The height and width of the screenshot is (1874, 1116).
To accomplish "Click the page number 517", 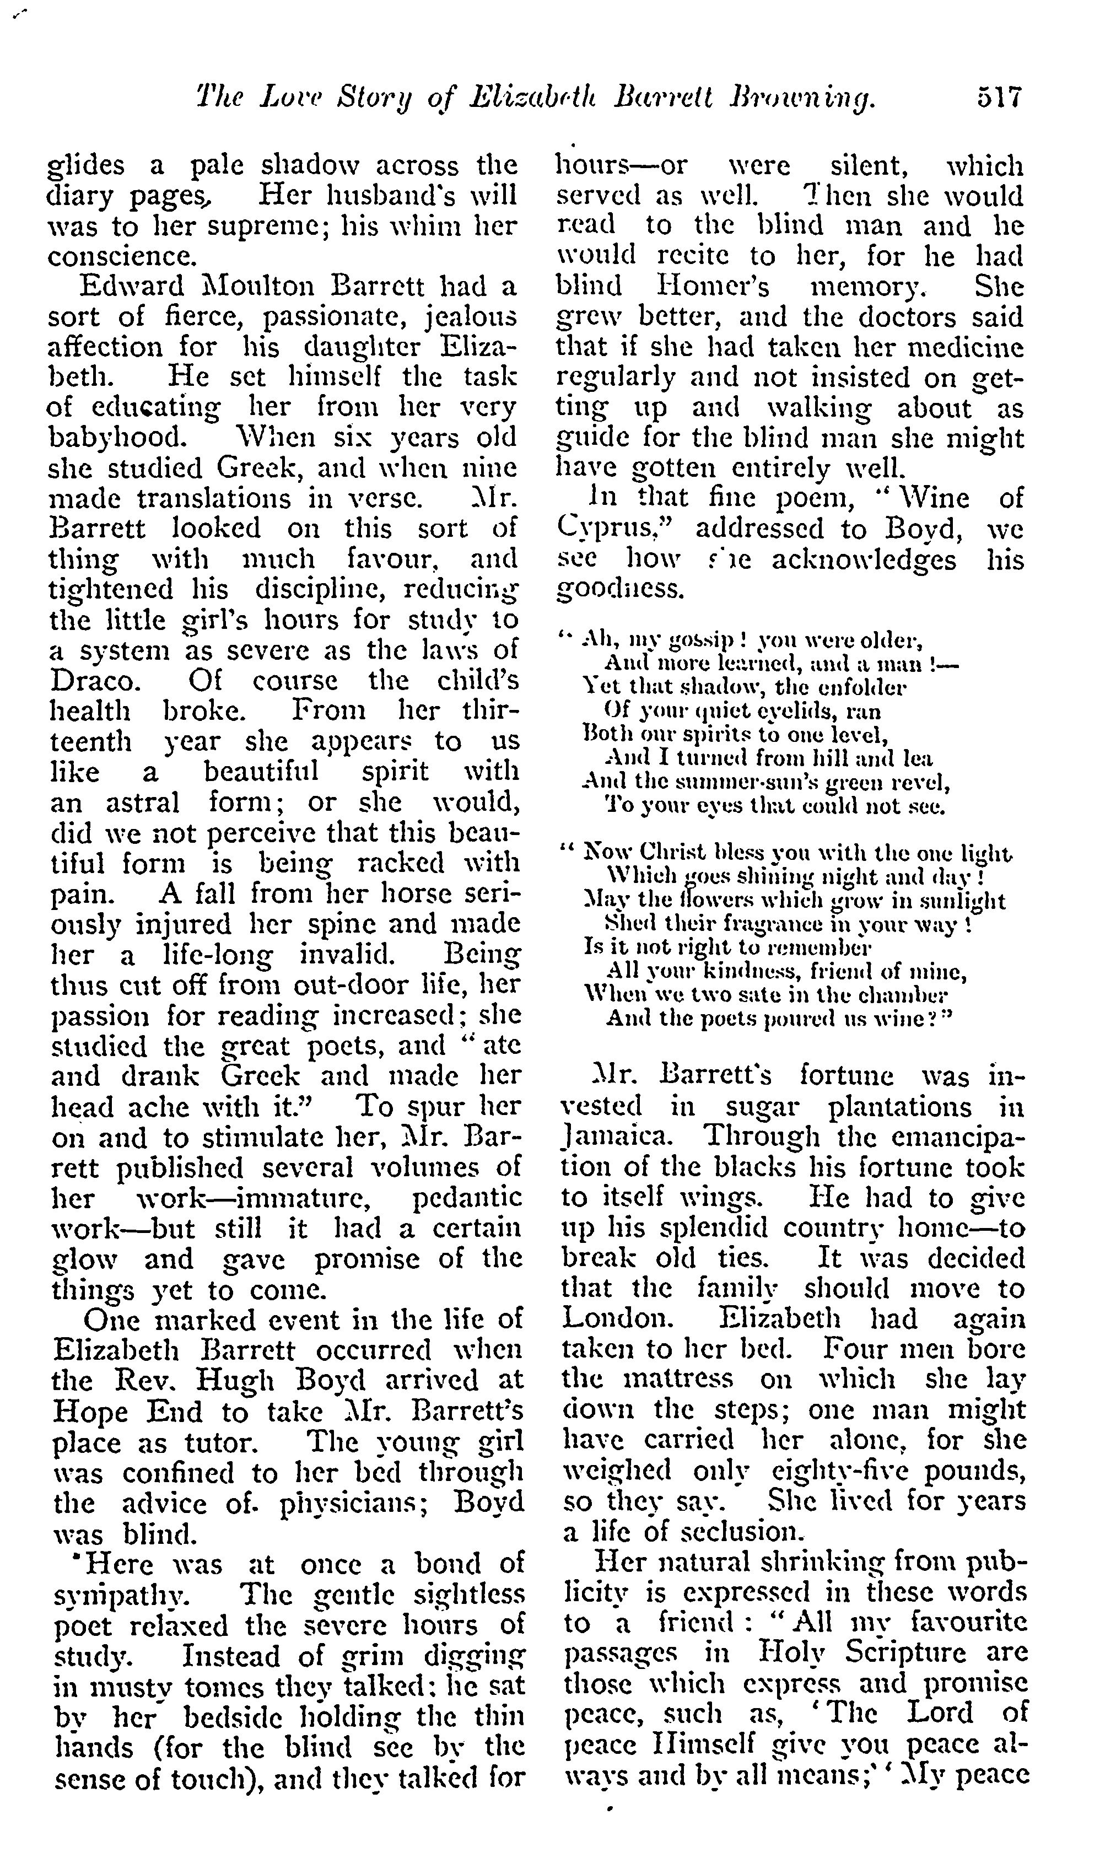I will point(999,99).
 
